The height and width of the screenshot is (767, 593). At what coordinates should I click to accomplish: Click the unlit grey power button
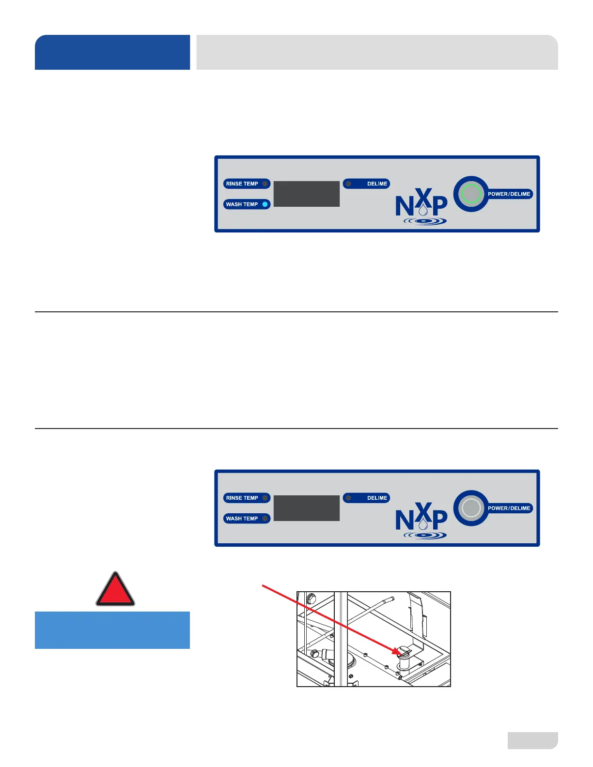pos(471,508)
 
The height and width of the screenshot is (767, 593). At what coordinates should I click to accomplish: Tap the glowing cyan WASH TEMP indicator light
pos(265,204)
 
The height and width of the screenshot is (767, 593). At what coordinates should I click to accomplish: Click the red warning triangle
pos(115,590)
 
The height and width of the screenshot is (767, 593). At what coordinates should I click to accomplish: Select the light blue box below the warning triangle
pos(112,630)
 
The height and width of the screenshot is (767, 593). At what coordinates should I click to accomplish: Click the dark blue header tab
pos(112,52)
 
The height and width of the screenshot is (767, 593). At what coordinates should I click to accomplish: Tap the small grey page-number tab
pos(532,740)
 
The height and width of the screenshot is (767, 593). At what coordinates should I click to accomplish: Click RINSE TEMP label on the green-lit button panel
pos(242,184)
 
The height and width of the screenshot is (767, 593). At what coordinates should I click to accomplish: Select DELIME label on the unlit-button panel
pos(377,498)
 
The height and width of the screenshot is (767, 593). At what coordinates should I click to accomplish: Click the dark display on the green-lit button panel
pos(307,194)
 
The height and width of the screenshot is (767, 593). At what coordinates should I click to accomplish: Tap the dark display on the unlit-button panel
pos(307,508)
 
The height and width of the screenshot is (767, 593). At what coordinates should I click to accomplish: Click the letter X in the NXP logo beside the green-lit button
pos(423,198)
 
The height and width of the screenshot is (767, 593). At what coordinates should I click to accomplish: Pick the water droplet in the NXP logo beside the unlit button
pos(423,524)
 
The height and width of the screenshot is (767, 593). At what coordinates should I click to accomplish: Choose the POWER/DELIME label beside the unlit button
pos(509,508)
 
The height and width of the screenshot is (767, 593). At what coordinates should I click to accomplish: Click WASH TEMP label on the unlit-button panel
pos(242,519)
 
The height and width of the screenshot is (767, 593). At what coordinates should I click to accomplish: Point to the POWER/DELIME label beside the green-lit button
pos(509,194)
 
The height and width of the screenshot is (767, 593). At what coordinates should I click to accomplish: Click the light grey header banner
pos(377,52)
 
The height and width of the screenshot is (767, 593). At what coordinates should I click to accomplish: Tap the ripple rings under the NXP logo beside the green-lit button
pos(425,221)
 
